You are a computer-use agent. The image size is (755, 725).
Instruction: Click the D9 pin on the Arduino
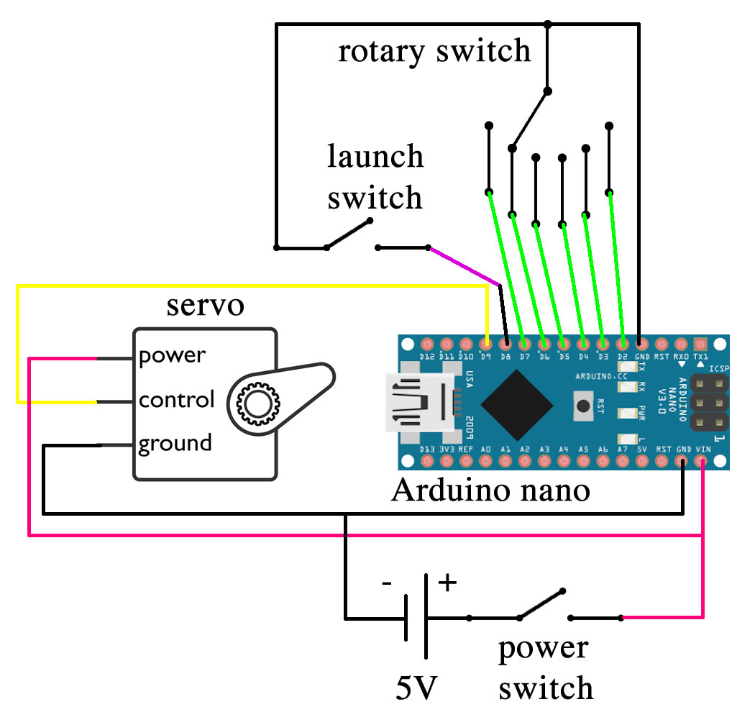tap(488, 343)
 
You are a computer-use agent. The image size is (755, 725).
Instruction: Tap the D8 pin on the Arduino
tap(507, 343)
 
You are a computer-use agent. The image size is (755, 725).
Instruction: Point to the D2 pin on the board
tap(622, 343)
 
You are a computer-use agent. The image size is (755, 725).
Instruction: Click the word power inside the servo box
tap(172, 355)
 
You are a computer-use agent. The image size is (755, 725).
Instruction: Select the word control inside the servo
tap(177, 399)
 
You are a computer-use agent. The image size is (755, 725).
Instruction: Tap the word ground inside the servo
tap(175, 443)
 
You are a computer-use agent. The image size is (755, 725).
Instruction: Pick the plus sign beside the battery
tap(447, 581)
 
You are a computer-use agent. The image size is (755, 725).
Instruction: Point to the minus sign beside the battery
tap(388, 583)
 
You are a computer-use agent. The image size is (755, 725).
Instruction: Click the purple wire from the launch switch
tap(464, 265)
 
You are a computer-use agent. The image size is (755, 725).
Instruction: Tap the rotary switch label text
tap(434, 51)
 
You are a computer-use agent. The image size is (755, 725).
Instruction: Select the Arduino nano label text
tap(490, 491)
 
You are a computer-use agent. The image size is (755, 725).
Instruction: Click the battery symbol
tap(416, 617)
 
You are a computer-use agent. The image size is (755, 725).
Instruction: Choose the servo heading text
tap(206, 305)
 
